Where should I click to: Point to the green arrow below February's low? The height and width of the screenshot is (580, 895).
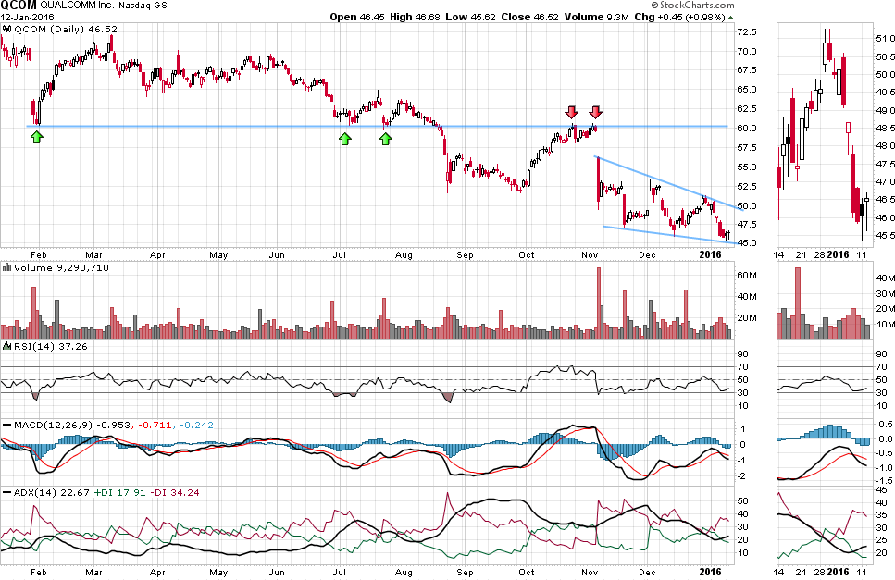coord(36,138)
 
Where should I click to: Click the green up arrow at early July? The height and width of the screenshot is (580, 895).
coord(344,139)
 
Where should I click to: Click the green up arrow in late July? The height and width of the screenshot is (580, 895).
coord(386,139)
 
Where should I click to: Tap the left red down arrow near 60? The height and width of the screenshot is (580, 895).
coord(573,112)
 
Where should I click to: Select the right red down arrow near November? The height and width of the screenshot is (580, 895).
coord(595,112)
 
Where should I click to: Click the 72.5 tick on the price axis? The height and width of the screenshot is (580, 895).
coord(748,31)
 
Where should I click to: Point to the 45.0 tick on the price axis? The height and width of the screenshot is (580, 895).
coord(748,243)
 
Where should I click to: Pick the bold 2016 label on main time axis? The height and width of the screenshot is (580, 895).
coord(711,253)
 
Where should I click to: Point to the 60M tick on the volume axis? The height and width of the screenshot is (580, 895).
coord(747,275)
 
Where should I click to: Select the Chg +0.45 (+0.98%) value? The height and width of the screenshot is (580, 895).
coord(682,18)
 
